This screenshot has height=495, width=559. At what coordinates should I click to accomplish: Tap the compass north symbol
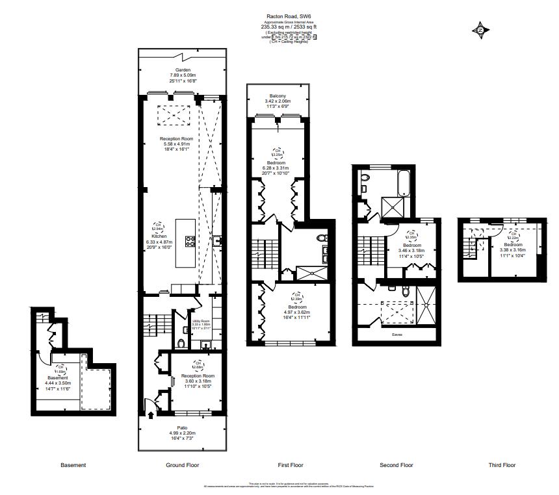coord(480,30)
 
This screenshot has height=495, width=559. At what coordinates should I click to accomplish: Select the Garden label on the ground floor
coord(182,70)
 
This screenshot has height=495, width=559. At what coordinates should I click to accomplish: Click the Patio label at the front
coord(182,427)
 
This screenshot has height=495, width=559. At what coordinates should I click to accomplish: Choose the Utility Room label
coord(201,321)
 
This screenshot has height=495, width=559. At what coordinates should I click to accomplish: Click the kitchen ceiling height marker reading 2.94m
coord(158,227)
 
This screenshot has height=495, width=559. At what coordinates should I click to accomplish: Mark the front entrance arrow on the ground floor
coord(151,411)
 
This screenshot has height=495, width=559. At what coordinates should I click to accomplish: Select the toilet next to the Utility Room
coord(180,344)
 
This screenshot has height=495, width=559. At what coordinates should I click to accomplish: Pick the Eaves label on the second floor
coord(396,335)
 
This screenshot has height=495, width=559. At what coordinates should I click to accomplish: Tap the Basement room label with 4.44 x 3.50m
coord(57,377)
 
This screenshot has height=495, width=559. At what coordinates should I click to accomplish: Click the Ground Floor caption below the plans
coord(183,465)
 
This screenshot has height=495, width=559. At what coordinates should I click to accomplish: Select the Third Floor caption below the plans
coord(502,465)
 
